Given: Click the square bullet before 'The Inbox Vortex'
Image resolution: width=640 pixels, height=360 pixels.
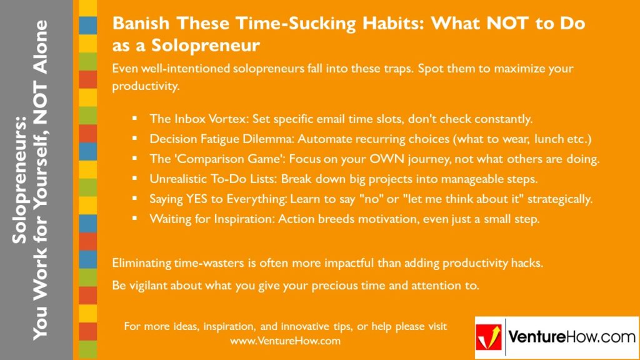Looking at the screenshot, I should point(134,119).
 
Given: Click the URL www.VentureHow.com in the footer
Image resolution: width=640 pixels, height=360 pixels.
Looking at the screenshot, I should point(285,341).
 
